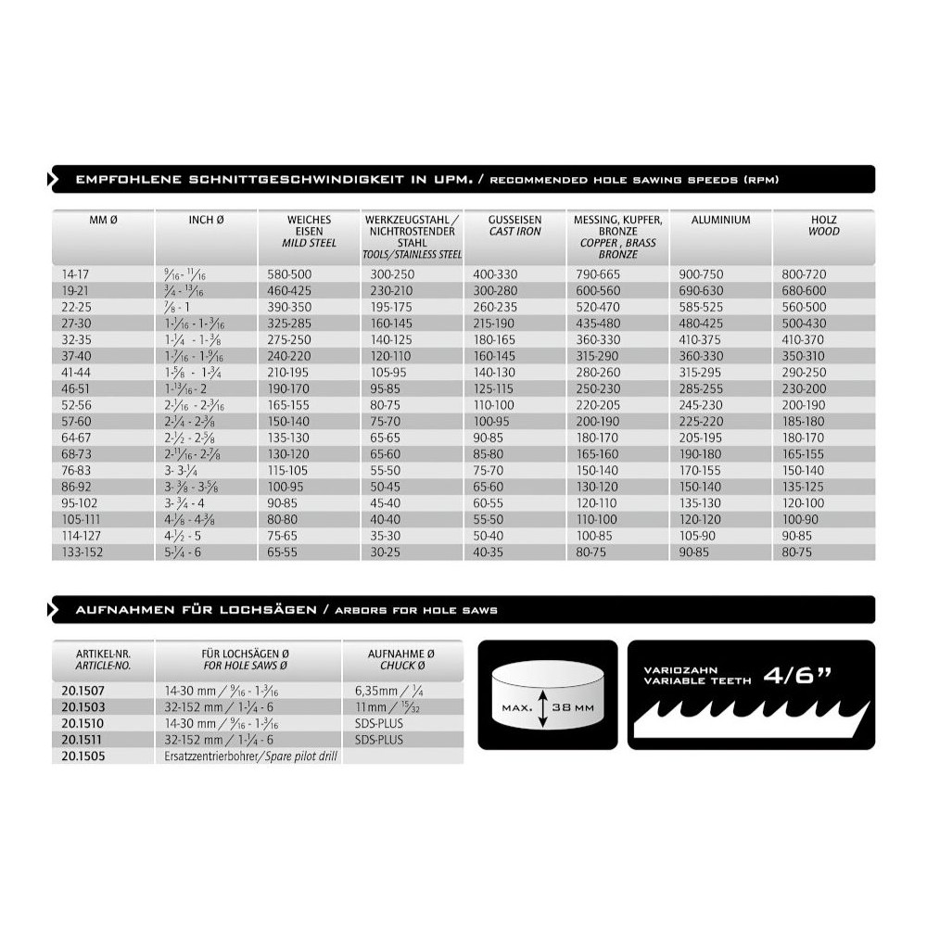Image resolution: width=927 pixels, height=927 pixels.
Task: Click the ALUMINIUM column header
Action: [x=721, y=220]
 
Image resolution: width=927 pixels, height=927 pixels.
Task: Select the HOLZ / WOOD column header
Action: [x=823, y=225]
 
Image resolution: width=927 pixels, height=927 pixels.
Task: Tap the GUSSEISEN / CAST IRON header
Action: [x=514, y=225]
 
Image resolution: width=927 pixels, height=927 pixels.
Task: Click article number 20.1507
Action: [x=82, y=690]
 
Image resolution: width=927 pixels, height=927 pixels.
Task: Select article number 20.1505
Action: [x=82, y=756]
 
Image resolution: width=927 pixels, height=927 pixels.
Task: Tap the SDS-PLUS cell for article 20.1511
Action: [x=380, y=739]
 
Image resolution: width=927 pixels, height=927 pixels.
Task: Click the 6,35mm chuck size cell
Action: [x=380, y=690]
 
